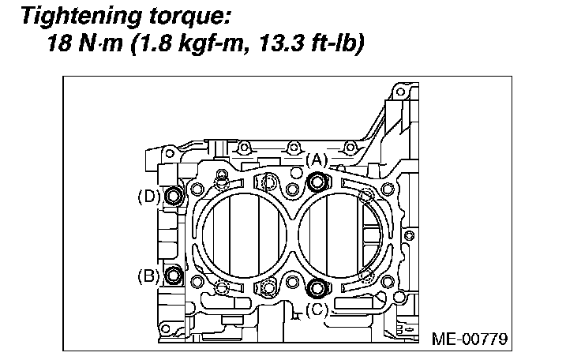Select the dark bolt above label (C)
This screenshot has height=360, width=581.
(317, 287)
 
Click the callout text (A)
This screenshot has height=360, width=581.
(317, 160)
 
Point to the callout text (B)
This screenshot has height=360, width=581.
(148, 276)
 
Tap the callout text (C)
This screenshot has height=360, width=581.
(315, 310)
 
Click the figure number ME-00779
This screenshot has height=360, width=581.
(469, 339)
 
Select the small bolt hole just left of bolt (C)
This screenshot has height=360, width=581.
(294, 283)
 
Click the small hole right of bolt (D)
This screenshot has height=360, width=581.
(196, 188)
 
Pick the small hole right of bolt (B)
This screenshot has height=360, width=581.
(196, 281)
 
